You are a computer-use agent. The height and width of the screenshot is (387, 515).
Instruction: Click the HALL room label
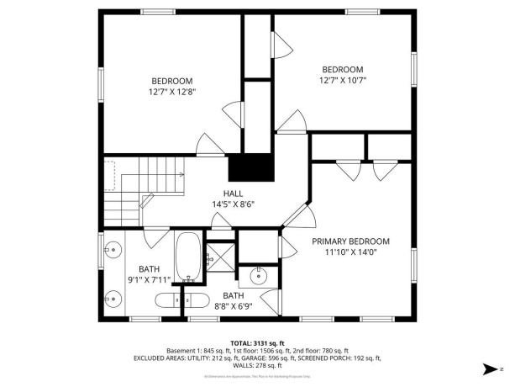coord(233,193)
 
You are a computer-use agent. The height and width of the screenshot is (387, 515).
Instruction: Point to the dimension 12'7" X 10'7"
coord(343,81)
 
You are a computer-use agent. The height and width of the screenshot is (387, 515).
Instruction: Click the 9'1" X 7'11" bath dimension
coord(150,279)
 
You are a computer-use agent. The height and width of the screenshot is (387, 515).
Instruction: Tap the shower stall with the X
coord(220,255)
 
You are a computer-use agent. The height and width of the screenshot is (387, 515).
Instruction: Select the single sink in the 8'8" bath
coord(258,273)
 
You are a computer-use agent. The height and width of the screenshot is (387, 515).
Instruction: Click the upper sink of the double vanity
coord(113,249)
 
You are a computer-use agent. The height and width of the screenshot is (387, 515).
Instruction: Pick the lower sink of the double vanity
coord(113,297)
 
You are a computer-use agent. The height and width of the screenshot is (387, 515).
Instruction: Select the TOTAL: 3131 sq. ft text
coord(258,342)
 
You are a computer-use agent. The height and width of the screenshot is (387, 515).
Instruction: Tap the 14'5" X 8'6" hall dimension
coord(233,204)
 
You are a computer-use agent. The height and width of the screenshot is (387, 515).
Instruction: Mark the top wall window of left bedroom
coord(157,12)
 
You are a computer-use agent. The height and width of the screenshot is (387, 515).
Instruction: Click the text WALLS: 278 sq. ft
coord(258,365)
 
